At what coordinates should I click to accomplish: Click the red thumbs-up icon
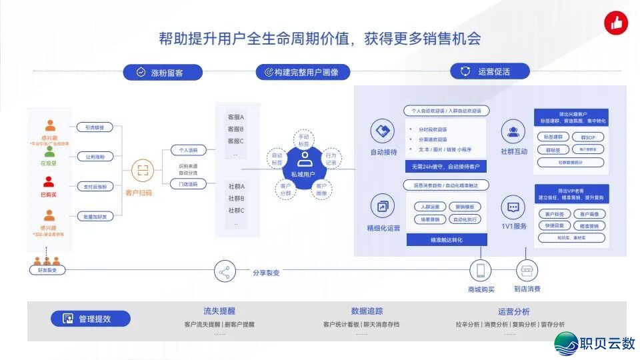pyautogui.click(x=616, y=23)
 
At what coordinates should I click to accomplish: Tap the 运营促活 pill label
pyautogui.click(x=490, y=71)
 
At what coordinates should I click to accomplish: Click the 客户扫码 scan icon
pyautogui.click(x=141, y=169)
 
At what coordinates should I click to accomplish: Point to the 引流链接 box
pyautogui.click(x=95, y=127)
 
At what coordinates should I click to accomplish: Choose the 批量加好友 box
pyautogui.click(x=95, y=216)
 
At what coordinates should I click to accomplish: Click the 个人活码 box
pyautogui.click(x=183, y=150)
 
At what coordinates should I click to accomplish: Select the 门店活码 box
pyautogui.click(x=183, y=184)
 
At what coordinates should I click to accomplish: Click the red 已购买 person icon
pyautogui.click(x=49, y=181)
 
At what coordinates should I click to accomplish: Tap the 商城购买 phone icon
pyautogui.click(x=481, y=271)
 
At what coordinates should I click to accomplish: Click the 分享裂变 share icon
pyautogui.click(x=224, y=272)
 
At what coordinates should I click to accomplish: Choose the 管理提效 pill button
pyautogui.click(x=91, y=319)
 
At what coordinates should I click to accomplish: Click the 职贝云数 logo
pyautogui.click(x=595, y=343)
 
